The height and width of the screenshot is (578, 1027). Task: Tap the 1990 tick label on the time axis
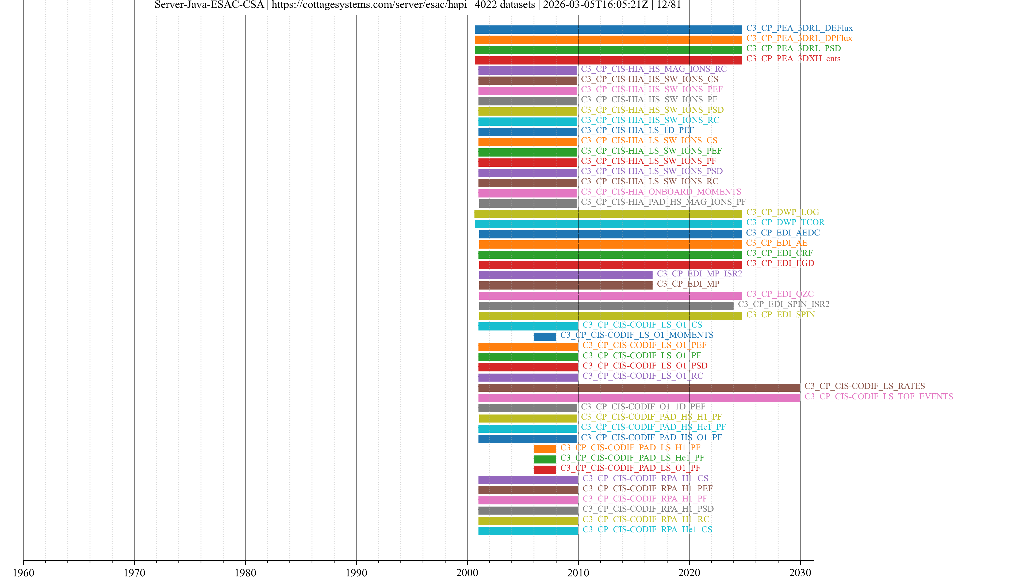point(356,572)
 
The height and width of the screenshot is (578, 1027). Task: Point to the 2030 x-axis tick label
point(800,572)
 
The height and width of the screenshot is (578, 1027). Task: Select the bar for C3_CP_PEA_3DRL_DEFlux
point(608,29)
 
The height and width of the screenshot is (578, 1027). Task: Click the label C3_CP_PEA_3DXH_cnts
point(793,59)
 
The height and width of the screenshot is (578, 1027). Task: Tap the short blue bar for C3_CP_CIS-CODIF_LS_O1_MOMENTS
point(545,337)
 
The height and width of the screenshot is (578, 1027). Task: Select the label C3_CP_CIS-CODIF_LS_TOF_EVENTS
point(878,397)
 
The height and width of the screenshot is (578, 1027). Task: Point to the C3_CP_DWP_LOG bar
point(608,214)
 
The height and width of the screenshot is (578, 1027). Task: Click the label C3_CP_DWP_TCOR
point(785,222)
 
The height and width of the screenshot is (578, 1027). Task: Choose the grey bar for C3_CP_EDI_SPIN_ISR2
point(606,306)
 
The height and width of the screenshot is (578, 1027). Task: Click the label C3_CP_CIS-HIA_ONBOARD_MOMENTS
point(661,192)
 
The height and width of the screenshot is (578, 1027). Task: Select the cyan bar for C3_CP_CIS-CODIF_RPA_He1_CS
point(528,531)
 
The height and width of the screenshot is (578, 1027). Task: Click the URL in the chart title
point(369,5)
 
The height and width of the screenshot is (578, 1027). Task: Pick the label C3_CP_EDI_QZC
point(779,294)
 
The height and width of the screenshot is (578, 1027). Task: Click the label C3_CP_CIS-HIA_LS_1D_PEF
point(637,130)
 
